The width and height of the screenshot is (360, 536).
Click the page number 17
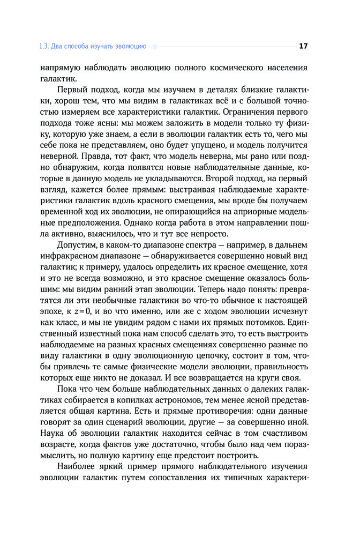[x=303, y=46]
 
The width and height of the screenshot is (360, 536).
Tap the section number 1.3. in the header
[x=44, y=47]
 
